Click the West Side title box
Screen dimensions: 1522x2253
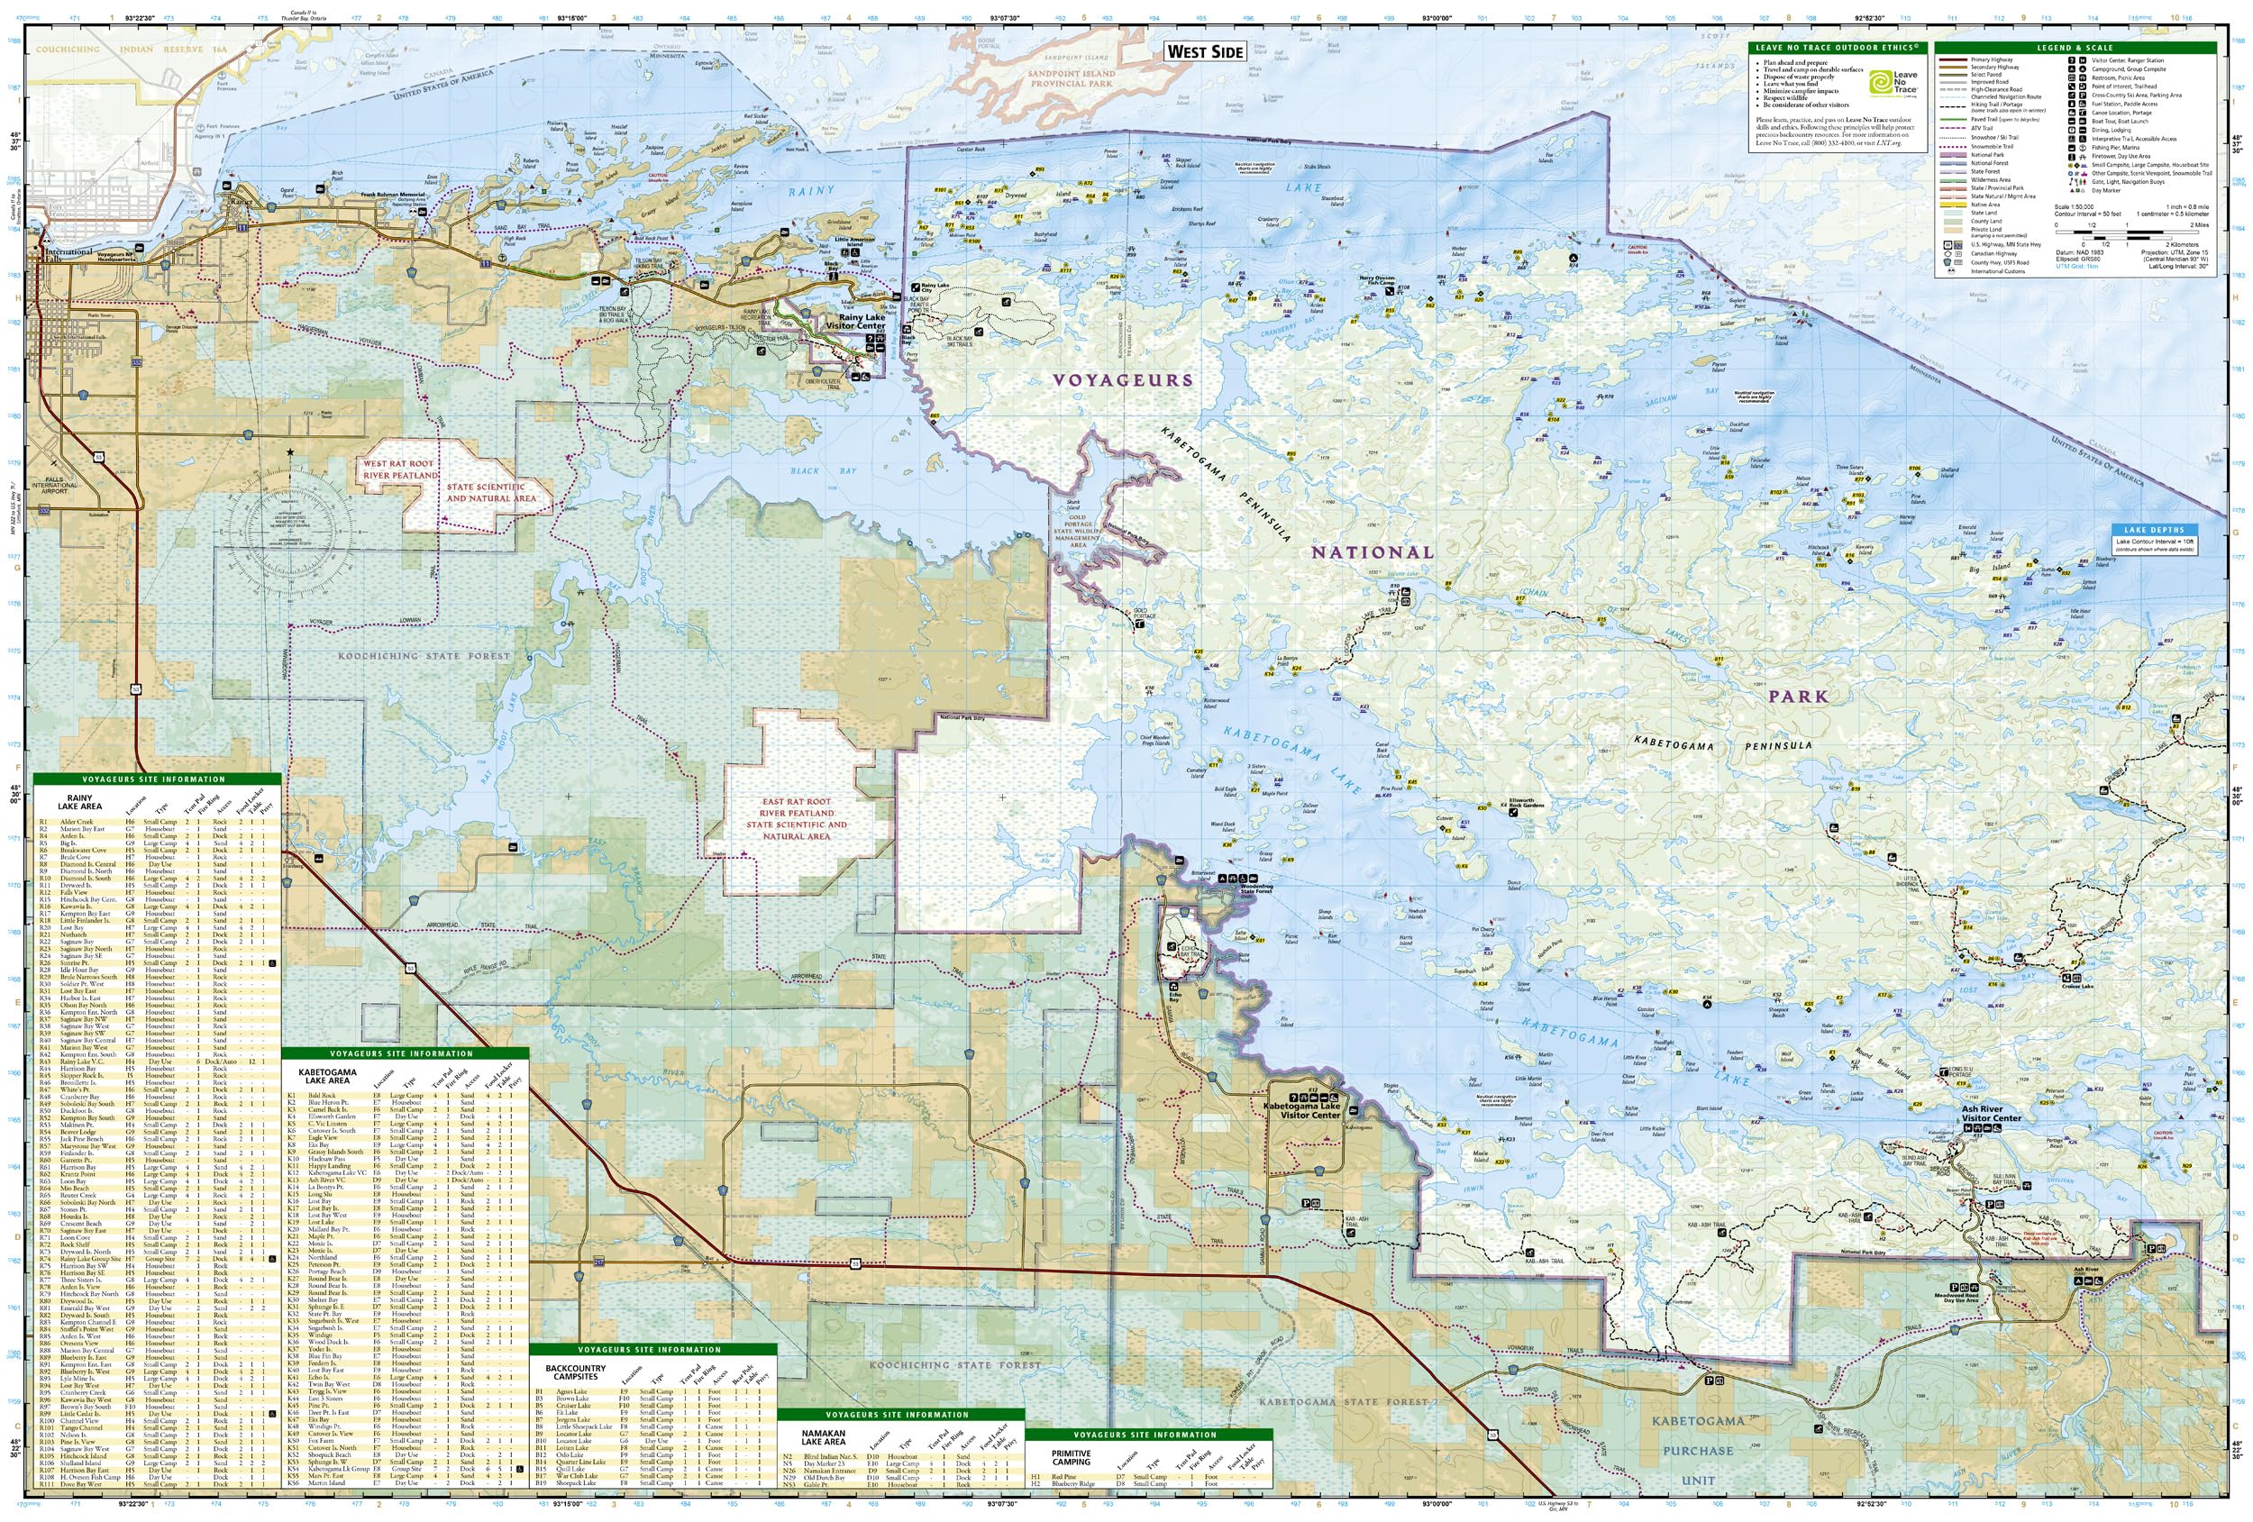tap(1205, 51)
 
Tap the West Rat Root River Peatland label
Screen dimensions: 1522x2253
tap(399, 470)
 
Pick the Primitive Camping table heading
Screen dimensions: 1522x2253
tap(1072, 1457)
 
